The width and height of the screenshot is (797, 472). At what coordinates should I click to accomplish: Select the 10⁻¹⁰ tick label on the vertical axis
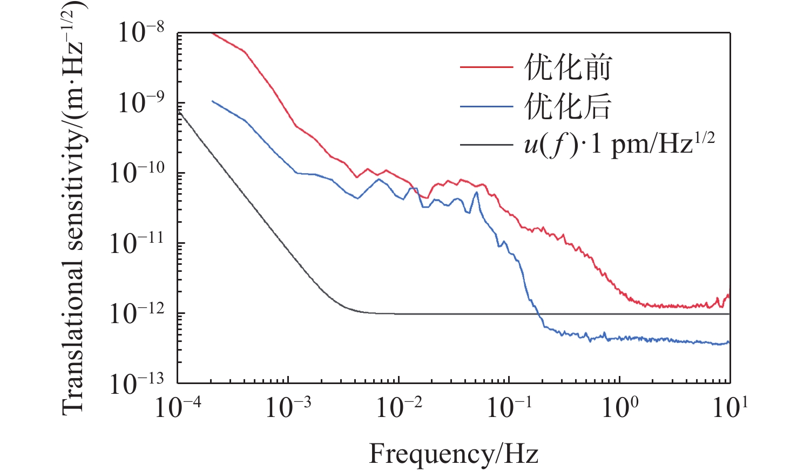(137, 172)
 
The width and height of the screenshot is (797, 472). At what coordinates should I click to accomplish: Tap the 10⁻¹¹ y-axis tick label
(137, 242)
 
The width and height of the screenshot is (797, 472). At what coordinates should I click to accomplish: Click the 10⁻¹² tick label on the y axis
(137, 312)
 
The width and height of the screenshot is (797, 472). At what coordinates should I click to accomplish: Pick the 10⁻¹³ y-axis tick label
(137, 382)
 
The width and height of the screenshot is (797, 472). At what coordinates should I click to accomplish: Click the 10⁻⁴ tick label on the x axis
(178, 407)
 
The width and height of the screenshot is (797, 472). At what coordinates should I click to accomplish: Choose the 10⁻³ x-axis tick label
(288, 407)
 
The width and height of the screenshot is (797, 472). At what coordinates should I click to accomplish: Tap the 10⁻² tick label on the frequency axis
(399, 407)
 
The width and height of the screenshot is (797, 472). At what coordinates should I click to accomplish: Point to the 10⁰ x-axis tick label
(620, 407)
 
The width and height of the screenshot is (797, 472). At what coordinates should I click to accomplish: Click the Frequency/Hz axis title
(454, 454)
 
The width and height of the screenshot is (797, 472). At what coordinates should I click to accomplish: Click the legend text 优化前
(568, 67)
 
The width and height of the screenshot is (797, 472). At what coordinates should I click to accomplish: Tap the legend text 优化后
(568, 106)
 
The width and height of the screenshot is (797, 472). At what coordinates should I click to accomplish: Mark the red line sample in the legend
(486, 67)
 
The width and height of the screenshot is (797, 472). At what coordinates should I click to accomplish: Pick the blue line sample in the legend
(486, 107)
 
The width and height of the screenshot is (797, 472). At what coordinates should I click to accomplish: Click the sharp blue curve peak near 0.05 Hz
(476, 193)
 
